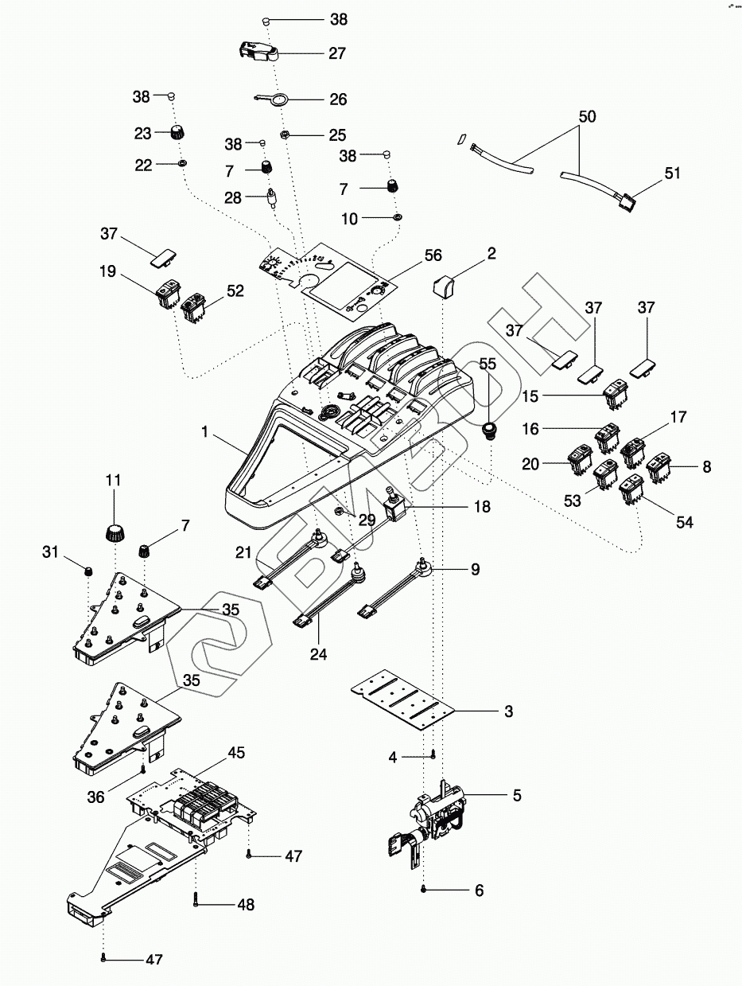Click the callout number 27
337,54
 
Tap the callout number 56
433,255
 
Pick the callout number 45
237,752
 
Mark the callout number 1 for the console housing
205,432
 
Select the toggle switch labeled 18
394,507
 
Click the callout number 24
319,655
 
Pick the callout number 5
517,795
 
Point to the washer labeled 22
183,163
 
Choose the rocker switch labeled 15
615,392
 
